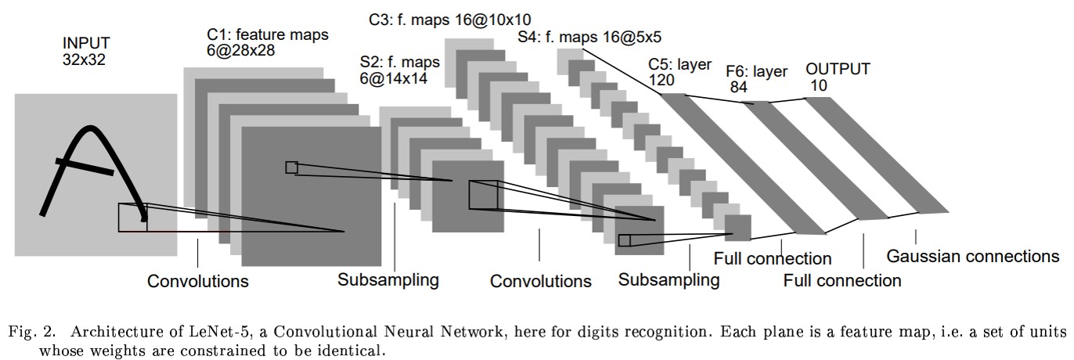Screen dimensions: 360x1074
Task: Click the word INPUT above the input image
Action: pyautogui.click(x=87, y=42)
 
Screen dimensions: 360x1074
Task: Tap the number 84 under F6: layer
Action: pyautogui.click(x=739, y=86)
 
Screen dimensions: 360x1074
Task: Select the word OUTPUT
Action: pyautogui.click(x=838, y=69)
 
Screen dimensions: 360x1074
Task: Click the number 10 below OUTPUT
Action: pyautogui.click(x=819, y=85)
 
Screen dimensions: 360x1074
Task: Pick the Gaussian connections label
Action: pyautogui.click(x=972, y=256)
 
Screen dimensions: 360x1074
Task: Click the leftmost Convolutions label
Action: pyautogui.click(x=198, y=280)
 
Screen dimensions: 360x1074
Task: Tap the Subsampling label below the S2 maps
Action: pyautogui.click(x=388, y=279)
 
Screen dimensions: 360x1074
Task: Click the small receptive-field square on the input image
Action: pyautogui.click(x=132, y=217)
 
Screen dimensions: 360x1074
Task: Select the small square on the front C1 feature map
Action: pyautogui.click(x=291, y=167)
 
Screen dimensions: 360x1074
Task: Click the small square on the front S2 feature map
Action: pyautogui.click(x=482, y=194)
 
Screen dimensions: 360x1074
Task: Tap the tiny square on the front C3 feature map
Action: pyautogui.click(x=624, y=240)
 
